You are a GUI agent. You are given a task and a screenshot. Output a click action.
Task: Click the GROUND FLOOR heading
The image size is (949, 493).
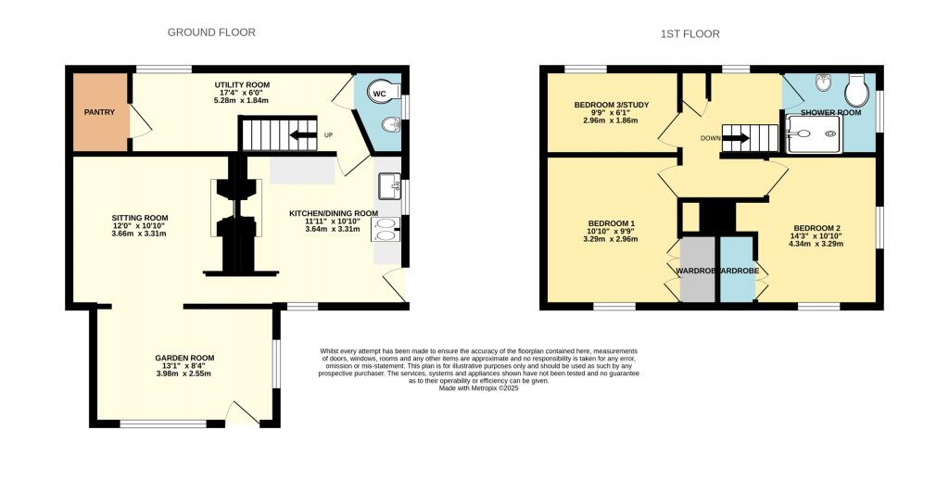tap(211, 32)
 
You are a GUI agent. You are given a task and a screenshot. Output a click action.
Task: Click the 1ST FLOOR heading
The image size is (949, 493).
tap(690, 34)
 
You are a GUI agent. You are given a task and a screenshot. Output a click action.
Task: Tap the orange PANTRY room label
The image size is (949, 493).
tap(100, 113)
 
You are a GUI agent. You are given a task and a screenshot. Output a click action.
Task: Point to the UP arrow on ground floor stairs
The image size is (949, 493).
tap(303, 135)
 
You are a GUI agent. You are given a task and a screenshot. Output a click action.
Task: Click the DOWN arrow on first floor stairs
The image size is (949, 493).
tap(736, 139)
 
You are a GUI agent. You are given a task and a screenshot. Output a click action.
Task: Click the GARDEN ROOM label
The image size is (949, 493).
tap(184, 358)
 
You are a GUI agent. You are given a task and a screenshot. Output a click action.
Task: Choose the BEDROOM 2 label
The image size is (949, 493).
tap(816, 228)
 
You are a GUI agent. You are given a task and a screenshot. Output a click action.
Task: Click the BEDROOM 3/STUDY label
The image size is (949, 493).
tap(611, 105)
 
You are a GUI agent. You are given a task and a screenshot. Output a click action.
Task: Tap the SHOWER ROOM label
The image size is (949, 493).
tap(831, 112)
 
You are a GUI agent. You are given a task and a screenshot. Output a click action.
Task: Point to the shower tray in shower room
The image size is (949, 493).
tap(813, 133)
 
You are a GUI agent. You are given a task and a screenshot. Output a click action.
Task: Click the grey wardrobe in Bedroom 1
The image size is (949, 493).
tap(698, 270)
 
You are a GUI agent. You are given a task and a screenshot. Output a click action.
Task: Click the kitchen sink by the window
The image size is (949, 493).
tap(388, 185)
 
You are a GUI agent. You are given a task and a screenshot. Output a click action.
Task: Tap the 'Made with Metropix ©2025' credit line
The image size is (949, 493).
tap(479, 388)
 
